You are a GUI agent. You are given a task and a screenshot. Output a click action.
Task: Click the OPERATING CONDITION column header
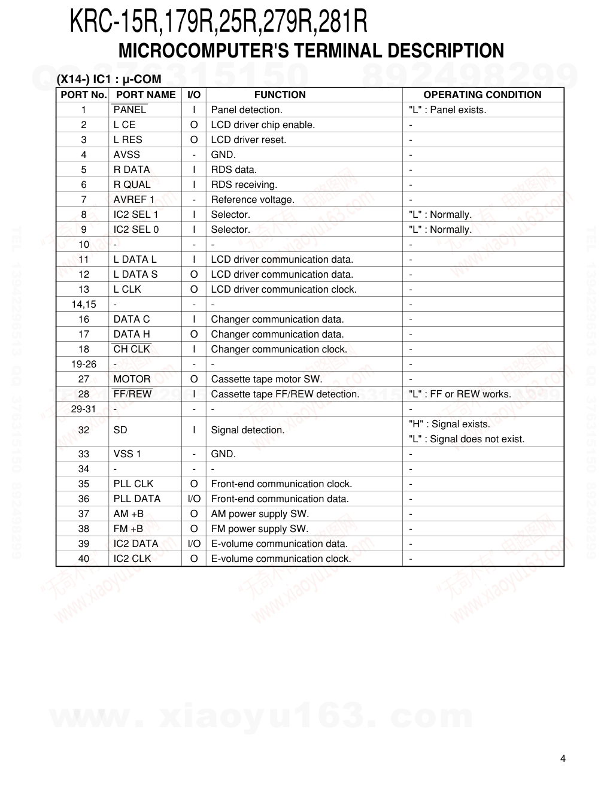[482, 95]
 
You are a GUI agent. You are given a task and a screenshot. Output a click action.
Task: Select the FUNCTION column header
[280, 95]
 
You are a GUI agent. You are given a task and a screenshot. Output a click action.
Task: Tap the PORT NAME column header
[145, 95]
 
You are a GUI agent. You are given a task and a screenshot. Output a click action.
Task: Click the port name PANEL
[129, 110]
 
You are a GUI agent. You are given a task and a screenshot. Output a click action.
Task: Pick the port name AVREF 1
[133, 199]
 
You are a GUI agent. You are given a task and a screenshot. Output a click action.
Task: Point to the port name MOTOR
[132, 379]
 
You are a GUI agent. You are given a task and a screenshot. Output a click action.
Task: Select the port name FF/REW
[132, 394]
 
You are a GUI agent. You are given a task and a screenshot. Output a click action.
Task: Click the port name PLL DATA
[136, 499]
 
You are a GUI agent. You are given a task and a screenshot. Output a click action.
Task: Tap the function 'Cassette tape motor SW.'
[266, 379]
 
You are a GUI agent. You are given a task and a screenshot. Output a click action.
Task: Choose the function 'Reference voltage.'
[253, 199]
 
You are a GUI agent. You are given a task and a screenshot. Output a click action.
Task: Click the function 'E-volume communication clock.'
[281, 558]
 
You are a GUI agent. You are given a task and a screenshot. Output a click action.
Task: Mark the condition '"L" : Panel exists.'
[447, 110]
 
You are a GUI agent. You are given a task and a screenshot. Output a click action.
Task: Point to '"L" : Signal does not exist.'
[466, 439]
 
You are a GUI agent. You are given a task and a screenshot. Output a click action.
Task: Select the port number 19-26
[84, 364]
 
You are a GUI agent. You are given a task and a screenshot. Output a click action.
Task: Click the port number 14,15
[84, 304]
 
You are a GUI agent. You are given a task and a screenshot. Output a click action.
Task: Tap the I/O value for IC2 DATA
[194, 543]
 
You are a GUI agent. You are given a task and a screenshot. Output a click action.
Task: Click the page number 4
[563, 759]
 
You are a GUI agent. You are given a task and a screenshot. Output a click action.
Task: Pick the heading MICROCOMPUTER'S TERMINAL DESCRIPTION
[311, 51]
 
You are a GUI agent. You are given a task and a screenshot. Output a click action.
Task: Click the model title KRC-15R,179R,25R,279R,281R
[218, 22]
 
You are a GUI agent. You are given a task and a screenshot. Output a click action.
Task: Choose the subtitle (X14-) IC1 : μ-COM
[109, 79]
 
